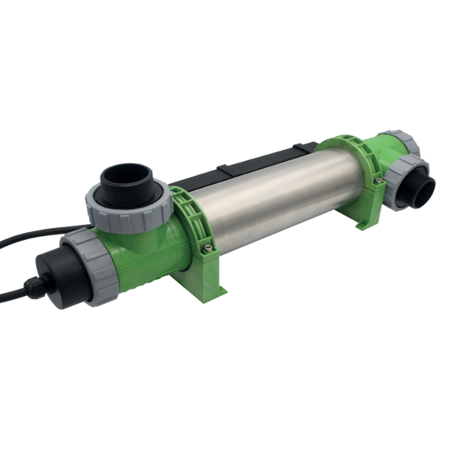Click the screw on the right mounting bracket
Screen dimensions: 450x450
click(380, 182)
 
